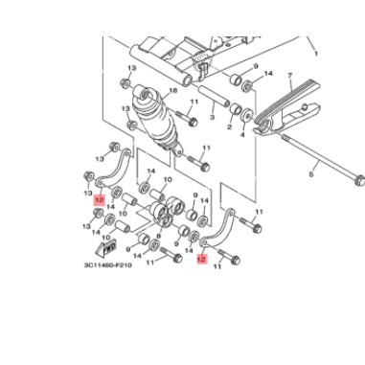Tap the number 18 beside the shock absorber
[x=172, y=92]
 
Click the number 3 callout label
[x=211, y=119]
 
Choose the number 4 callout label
[x=243, y=136]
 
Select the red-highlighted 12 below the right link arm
[x=201, y=258]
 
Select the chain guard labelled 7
[x=297, y=108]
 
